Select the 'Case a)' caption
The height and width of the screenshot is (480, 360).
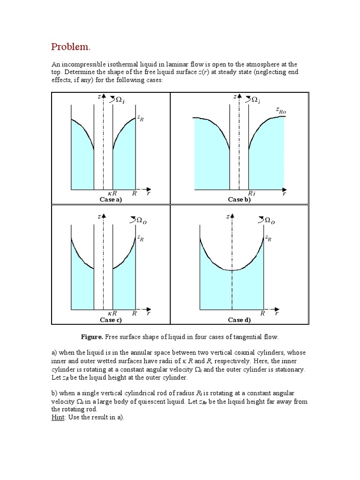click(x=111, y=199)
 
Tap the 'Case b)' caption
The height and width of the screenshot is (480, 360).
click(x=239, y=199)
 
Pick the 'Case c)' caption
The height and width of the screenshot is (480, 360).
click(x=111, y=320)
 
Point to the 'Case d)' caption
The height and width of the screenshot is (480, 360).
click(x=239, y=320)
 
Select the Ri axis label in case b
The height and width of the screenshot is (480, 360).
click(x=251, y=193)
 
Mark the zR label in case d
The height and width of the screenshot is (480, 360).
click(x=268, y=238)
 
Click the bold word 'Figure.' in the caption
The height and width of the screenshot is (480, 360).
click(x=92, y=337)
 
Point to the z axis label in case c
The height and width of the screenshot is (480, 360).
click(x=99, y=216)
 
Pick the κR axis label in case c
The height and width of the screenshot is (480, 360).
click(x=112, y=313)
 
